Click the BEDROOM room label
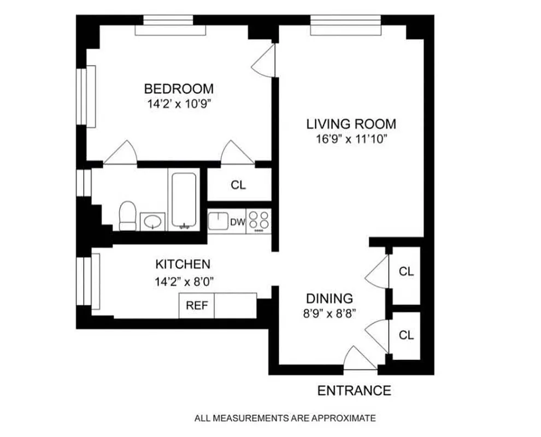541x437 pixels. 178,88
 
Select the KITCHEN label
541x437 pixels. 183,264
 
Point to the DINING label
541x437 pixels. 328,299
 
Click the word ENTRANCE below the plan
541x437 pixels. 354,391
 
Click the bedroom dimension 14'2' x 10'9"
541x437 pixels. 178,104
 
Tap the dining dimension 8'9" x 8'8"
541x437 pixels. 328,314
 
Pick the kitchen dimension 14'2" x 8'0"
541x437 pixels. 183,282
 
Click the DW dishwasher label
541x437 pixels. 237,222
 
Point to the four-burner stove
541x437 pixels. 258,221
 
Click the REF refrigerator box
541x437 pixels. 197,305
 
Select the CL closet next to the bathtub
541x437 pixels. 238,185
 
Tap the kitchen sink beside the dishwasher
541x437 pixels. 217,222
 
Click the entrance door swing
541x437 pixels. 360,358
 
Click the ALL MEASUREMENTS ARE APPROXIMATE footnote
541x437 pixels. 285,418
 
